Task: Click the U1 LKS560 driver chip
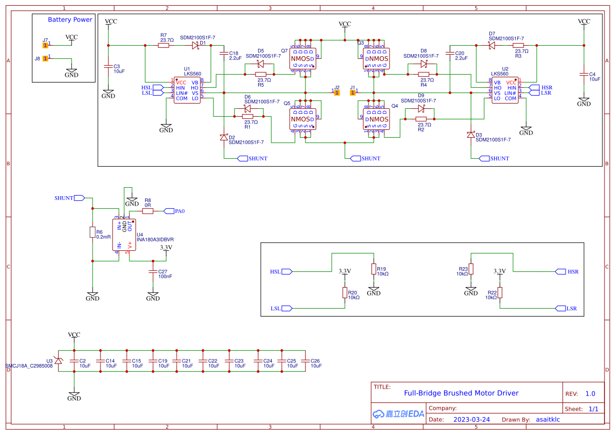pyautogui.click(x=188, y=90)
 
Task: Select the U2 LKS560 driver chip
pyautogui.click(x=505, y=90)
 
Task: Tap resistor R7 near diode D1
pyautogui.click(x=164, y=46)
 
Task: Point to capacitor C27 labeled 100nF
pyautogui.click(x=153, y=272)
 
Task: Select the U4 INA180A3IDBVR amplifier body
pyautogui.click(x=124, y=235)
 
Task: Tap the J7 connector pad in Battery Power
pyautogui.click(x=46, y=45)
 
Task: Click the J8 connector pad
pyautogui.click(x=46, y=58)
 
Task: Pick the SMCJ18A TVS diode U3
pyautogui.click(x=58, y=360)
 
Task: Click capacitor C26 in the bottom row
pyautogui.click(x=306, y=360)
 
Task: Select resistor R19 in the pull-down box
pyautogui.click(x=374, y=270)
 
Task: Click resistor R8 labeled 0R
pyautogui.click(x=148, y=211)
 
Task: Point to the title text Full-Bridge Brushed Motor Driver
pyautogui.click(x=461, y=393)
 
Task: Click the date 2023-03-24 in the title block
pyautogui.click(x=471, y=420)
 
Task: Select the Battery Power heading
pyautogui.click(x=70, y=19)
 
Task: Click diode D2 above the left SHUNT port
pyautogui.click(x=223, y=137)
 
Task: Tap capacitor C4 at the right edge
pyautogui.click(x=584, y=74)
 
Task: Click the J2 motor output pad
pyautogui.click(x=337, y=93)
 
